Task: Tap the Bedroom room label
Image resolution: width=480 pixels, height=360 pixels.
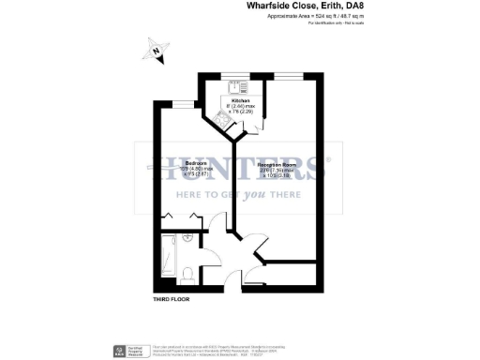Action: tap(184, 163)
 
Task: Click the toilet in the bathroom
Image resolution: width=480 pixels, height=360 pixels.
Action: tap(187, 274)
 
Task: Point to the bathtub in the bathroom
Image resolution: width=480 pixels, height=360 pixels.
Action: tap(170, 257)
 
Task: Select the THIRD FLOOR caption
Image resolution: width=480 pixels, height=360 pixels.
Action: tap(172, 300)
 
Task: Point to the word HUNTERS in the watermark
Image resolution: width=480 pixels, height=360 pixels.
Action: tap(240, 171)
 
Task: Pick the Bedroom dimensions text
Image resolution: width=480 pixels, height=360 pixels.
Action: tap(184, 172)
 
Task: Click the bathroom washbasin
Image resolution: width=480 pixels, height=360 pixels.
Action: tap(188, 239)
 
